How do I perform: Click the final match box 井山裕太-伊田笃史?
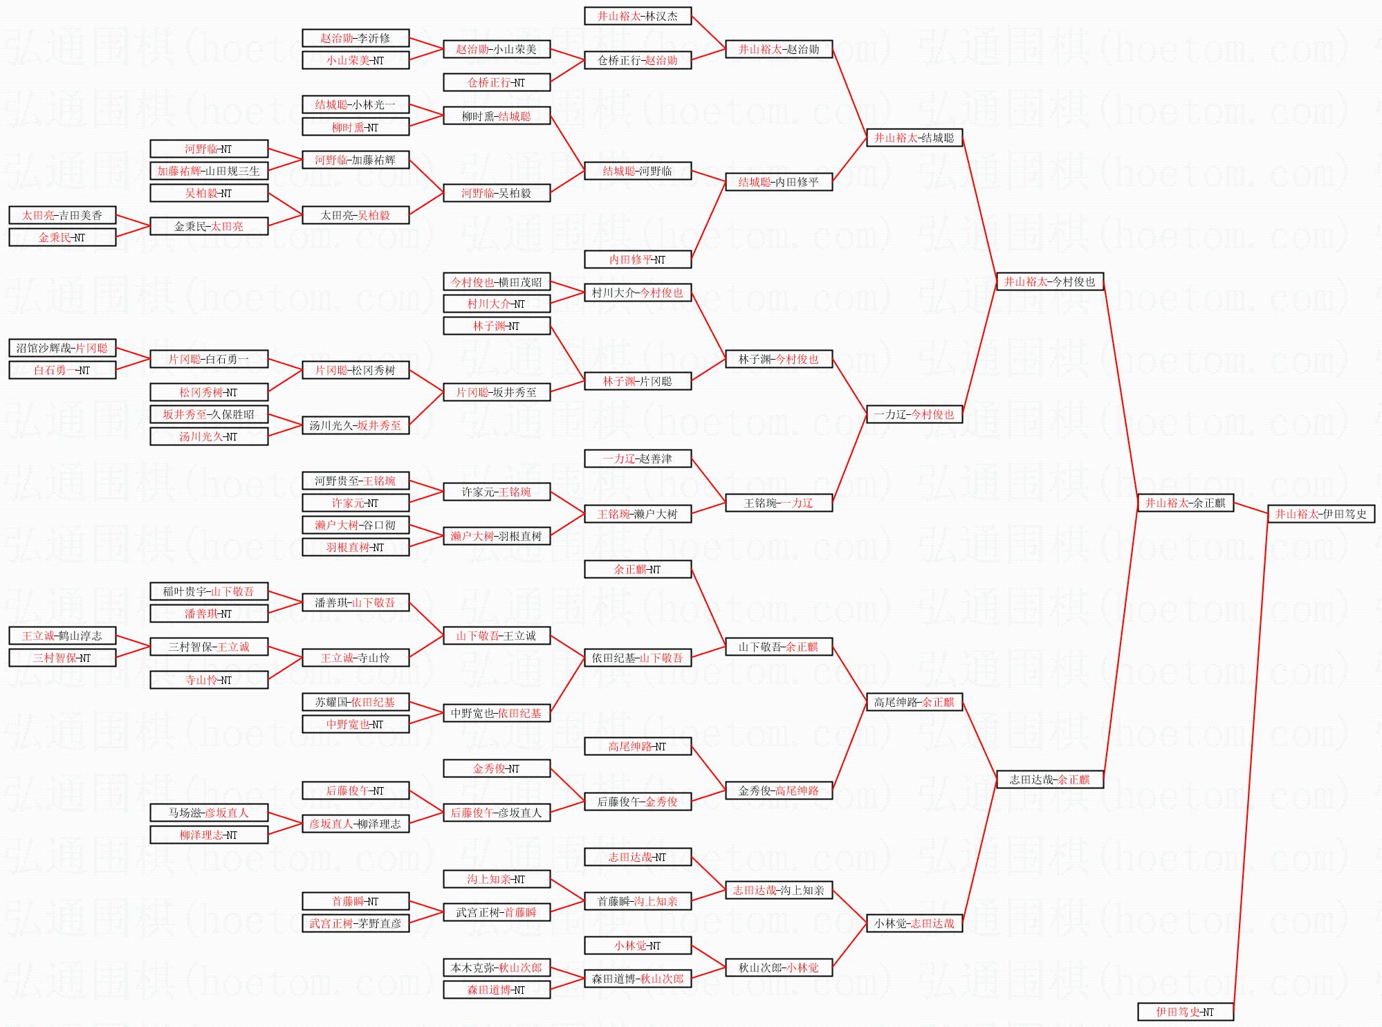1320,514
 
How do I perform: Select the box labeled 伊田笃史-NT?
1185,1012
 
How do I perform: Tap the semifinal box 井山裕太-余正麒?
1185,503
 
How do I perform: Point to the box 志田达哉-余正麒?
1049,779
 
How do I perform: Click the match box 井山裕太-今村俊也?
1049,281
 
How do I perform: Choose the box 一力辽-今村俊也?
914,414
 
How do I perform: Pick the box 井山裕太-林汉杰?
637,16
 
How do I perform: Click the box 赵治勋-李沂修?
355,38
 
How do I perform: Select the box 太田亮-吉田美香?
62,215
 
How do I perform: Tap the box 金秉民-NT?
62,237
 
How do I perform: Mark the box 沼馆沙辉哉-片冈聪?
62,348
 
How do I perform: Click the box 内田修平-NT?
637,259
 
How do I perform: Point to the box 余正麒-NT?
637,569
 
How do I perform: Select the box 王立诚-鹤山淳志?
62,636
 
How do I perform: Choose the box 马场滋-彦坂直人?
208,813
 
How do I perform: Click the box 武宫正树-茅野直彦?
355,923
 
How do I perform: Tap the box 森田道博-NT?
496,990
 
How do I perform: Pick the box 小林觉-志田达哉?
914,923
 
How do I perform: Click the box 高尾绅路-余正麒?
914,702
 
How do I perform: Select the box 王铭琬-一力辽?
778,503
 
